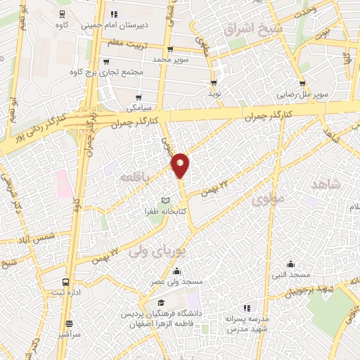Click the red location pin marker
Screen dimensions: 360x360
pyautogui.click(x=181, y=165)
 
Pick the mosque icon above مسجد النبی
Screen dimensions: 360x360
pyautogui.click(x=292, y=264)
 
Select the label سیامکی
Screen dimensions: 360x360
pyautogui.click(x=137, y=109)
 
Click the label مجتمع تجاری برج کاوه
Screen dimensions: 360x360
pyautogui.click(x=107, y=72)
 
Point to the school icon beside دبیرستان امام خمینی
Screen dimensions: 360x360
pyautogui.click(x=115, y=13)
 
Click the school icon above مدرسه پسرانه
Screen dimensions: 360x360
pyautogui.click(x=247, y=307)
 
